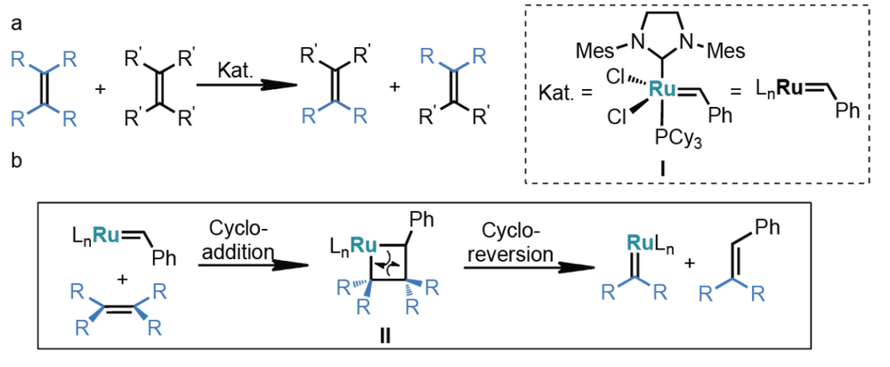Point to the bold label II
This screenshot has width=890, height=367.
[x=384, y=337]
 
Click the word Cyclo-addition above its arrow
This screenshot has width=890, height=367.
[x=236, y=241]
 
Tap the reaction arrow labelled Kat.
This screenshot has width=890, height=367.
[x=247, y=86]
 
